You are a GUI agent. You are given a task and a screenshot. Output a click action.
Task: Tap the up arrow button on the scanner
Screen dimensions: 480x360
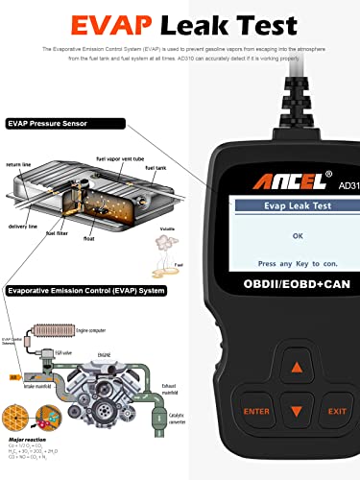(299, 368)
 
